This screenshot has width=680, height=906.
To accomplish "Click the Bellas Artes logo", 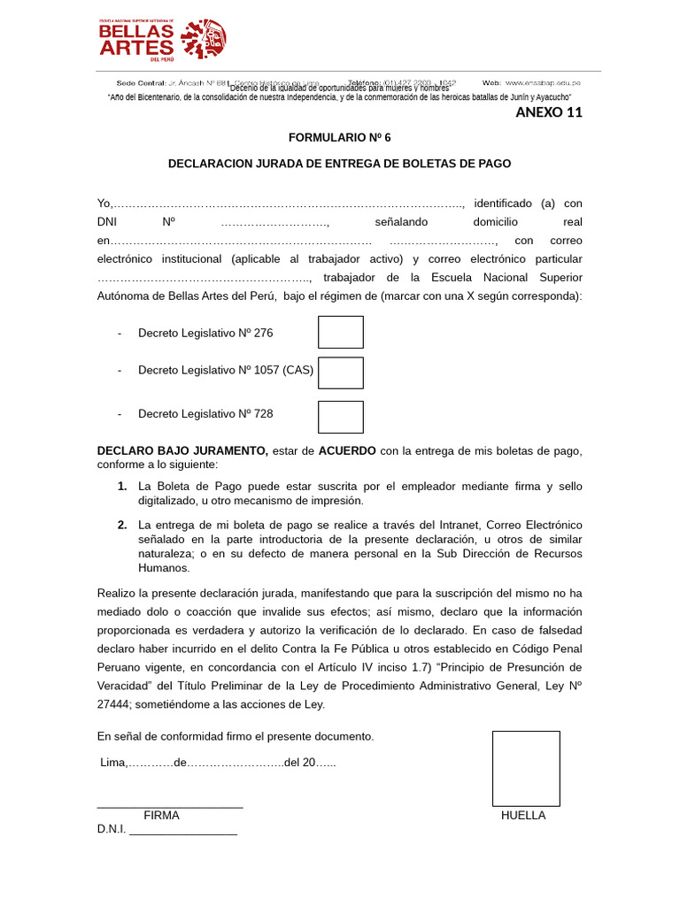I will (162, 39).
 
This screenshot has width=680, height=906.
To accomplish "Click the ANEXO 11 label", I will (549, 112).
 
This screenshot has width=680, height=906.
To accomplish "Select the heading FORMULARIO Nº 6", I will (339, 138).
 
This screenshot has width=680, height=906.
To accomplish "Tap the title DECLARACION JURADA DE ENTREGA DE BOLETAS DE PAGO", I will (339, 164).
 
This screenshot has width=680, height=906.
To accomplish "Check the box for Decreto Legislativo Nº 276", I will (341, 332).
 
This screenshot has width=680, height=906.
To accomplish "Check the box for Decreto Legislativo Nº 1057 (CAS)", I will (341, 372).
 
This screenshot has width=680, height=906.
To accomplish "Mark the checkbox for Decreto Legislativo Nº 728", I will (341, 417).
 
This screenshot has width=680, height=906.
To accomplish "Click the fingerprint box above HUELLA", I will (526, 768).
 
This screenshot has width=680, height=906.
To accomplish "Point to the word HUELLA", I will (523, 816).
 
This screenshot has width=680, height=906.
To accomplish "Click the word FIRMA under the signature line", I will (161, 816).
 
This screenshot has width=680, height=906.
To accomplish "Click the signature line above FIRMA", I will (170, 807).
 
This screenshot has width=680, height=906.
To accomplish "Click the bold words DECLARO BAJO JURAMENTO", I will (182, 451).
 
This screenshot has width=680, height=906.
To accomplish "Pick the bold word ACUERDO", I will (347, 451).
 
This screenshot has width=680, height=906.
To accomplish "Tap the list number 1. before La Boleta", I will (122, 487).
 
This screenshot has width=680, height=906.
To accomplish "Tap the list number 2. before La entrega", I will (122, 526).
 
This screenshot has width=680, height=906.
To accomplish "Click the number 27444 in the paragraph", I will (112, 704).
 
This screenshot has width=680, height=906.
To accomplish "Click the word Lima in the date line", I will (112, 763).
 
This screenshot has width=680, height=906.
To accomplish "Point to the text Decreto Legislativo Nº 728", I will (205, 413).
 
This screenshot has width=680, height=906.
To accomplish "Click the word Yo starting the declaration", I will (104, 203).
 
